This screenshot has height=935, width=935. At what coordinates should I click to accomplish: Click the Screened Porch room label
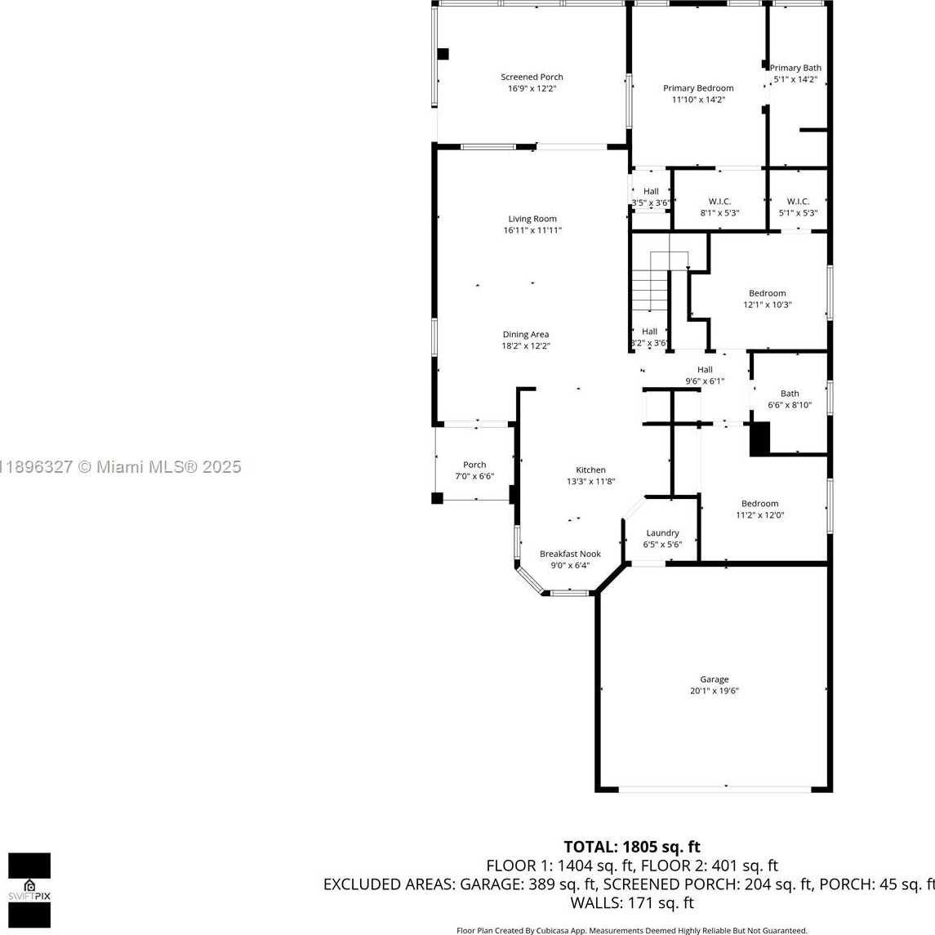pos(532,77)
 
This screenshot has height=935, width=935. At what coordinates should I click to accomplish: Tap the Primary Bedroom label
pos(698,88)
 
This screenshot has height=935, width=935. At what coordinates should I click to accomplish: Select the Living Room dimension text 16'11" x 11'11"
pos(532,230)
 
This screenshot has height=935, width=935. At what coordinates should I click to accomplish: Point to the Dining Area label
pos(525,335)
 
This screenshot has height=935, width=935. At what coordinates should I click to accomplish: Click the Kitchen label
pos(590,470)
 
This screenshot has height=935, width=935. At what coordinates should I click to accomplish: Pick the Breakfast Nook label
pos(570,554)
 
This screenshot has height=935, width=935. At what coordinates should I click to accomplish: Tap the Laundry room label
pos(662,533)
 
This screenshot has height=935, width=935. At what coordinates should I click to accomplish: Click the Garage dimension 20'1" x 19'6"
pos(715,691)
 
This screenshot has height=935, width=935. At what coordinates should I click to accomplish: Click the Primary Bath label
pos(795,68)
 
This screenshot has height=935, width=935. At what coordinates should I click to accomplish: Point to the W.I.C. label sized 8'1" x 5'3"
pos(719,202)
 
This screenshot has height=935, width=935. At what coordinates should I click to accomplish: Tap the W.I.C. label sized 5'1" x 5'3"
pos(798,202)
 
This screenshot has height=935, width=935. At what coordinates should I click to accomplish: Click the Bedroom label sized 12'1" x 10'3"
pos(768,293)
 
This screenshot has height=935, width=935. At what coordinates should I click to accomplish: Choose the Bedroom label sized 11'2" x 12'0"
pos(759,504)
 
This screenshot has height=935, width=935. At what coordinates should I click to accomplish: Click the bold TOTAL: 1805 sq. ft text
pos(632,847)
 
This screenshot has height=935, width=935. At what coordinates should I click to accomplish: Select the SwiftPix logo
pos(29,890)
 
